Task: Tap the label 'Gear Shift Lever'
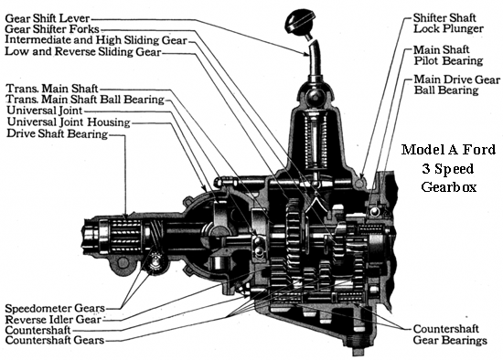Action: tap(48, 18)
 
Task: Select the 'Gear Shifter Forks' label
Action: tap(52, 29)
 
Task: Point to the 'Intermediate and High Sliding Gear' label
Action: tap(96, 40)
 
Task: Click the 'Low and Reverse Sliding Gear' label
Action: tap(82, 51)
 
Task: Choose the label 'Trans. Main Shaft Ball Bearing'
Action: tap(85, 99)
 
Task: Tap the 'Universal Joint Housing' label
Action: tap(69, 122)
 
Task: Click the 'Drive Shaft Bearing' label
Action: tap(57, 133)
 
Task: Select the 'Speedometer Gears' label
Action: tap(55, 308)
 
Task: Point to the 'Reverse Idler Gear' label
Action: tap(53, 319)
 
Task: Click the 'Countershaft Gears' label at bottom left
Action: tap(55, 340)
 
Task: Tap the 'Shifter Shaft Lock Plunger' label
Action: tap(448, 23)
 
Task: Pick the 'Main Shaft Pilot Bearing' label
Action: tap(448, 55)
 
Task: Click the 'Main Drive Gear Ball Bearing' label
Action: tap(456, 84)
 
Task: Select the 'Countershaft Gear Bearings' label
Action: tap(450, 334)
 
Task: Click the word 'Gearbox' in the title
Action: tap(448, 186)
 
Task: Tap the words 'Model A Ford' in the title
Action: tap(448, 149)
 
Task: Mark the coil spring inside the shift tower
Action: tap(316, 142)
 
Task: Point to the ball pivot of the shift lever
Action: tap(315, 95)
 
